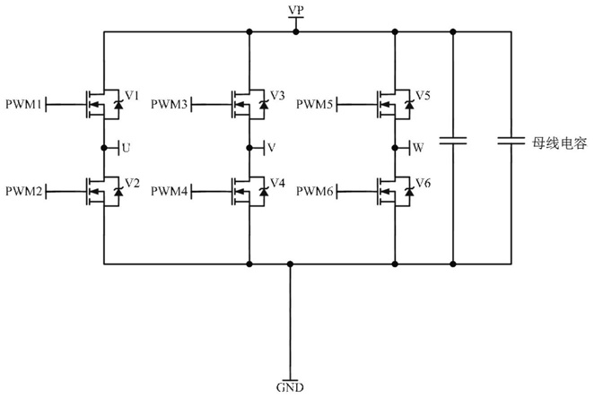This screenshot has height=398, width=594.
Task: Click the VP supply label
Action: (x=296, y=10)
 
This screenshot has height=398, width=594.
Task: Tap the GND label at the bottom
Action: (x=290, y=387)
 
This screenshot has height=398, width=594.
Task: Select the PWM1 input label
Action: (x=23, y=104)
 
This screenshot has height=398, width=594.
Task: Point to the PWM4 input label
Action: (x=169, y=191)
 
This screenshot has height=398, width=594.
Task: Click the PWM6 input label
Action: (x=314, y=192)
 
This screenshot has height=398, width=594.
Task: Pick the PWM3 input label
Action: (x=169, y=104)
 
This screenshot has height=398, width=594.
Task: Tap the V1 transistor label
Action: (x=132, y=95)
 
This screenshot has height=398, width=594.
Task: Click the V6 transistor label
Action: (x=423, y=183)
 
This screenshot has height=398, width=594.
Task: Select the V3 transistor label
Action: (x=277, y=95)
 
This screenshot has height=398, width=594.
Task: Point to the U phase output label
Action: (x=127, y=148)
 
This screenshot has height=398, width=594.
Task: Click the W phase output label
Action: (x=418, y=148)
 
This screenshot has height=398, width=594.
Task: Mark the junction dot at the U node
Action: (x=104, y=148)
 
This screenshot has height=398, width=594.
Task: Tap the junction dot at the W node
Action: (x=395, y=148)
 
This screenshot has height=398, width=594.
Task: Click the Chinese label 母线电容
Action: (x=560, y=143)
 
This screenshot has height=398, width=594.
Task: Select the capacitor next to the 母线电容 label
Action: (x=511, y=141)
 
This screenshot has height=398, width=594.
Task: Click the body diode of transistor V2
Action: (x=118, y=192)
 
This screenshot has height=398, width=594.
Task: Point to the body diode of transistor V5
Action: (x=409, y=104)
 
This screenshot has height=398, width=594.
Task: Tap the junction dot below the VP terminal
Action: (x=296, y=32)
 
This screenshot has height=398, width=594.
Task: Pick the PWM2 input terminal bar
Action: (x=47, y=192)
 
